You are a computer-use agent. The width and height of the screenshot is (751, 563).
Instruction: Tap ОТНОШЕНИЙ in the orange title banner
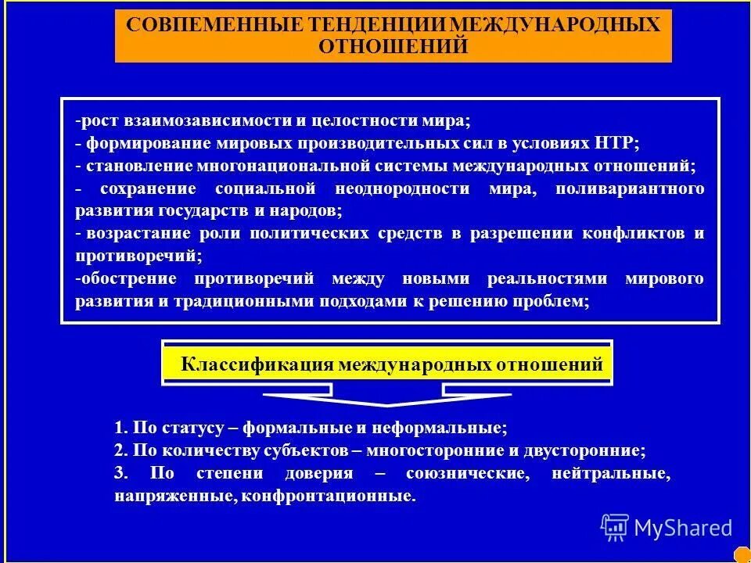[x=393, y=47]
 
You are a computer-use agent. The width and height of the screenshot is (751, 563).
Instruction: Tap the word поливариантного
[x=631, y=188]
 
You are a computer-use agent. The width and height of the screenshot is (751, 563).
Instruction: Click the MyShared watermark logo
[x=666, y=528]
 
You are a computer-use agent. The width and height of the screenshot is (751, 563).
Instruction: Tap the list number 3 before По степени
[x=119, y=474]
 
